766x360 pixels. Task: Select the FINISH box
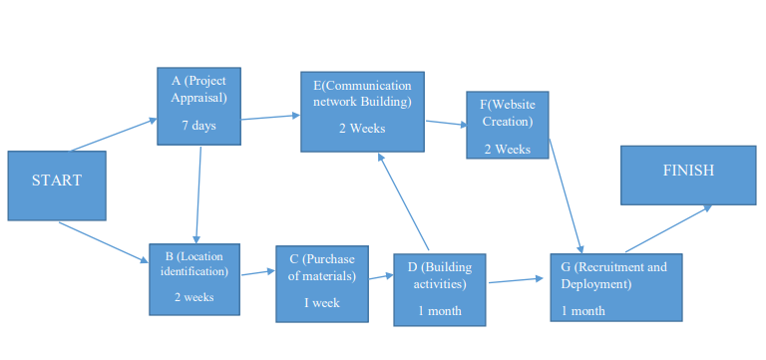point(687,176)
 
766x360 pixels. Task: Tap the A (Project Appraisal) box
point(198,106)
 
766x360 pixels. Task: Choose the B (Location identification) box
point(195,278)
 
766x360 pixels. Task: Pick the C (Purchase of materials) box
point(322,283)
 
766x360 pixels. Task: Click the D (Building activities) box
point(440,289)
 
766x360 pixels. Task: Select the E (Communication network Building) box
point(362,110)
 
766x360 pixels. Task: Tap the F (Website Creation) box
point(508,125)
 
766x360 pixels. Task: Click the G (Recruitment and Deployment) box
point(615,286)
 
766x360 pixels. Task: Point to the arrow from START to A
point(113,135)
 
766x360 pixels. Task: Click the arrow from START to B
point(103,242)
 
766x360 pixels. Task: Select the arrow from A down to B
point(198,194)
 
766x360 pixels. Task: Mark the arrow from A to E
point(270,117)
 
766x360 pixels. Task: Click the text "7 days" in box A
point(198,126)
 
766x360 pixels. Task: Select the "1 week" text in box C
point(322,302)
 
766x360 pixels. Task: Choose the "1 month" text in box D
point(440,311)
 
